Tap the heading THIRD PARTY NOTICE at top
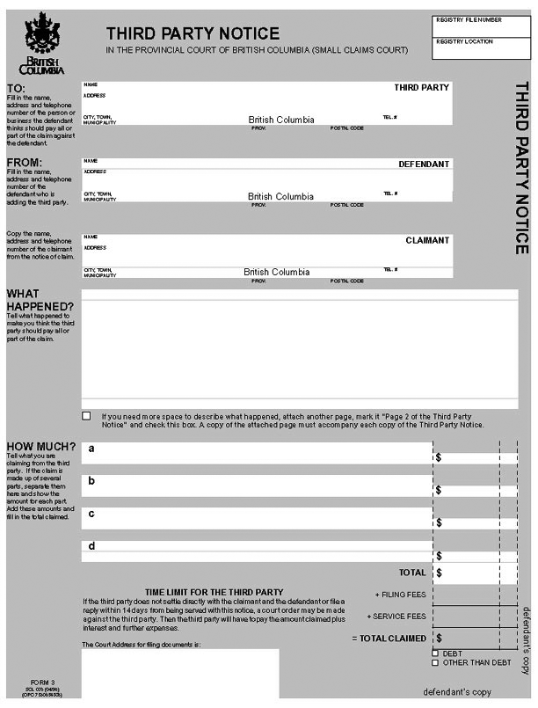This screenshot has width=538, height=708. point(193,33)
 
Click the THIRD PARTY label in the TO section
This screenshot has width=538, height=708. point(421,88)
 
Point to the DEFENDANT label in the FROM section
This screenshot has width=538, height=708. point(424,164)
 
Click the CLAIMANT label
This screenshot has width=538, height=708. point(427,240)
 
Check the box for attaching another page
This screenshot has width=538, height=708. point(86,415)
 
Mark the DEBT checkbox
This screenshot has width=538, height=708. point(435,653)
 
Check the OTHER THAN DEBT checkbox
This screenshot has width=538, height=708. point(435,662)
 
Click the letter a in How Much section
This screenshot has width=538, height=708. point(91,449)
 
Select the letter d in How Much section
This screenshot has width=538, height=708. point(91,546)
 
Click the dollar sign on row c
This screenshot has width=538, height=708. point(439,523)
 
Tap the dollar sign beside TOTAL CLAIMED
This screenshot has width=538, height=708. point(439,638)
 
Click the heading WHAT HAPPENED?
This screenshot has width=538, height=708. point(40,300)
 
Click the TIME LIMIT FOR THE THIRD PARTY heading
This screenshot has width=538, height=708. point(214,592)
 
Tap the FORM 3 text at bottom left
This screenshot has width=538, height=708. point(42,682)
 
